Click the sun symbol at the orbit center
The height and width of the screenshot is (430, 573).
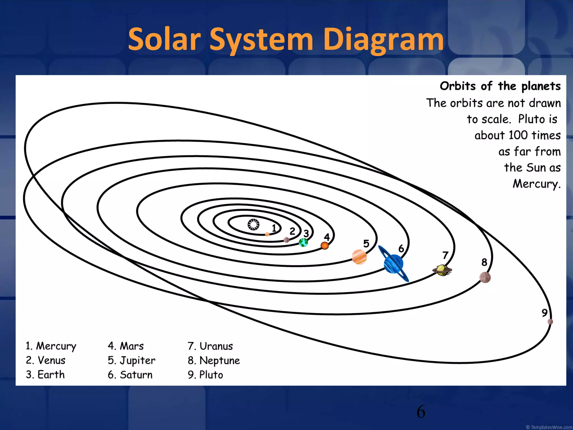pos(253,225)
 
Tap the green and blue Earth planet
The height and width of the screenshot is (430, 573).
pos(303,242)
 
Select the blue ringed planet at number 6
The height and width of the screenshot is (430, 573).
pos(393,264)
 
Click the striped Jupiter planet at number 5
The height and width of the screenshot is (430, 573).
pos(359,257)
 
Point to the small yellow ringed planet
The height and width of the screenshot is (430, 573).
pos(442,270)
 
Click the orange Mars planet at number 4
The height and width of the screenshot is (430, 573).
pos(325,246)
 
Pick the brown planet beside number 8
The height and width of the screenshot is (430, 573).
pos(485,277)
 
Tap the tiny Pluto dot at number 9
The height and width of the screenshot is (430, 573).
pos(550,321)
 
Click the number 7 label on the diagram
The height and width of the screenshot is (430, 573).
pos(445,255)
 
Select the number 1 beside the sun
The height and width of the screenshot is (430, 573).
pos(274,228)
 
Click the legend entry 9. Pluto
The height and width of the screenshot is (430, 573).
pos(205,375)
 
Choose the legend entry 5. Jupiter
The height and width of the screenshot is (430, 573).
pos(131,361)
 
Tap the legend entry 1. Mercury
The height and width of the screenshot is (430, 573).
pos(51,346)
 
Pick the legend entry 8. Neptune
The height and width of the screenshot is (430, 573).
pos(214,361)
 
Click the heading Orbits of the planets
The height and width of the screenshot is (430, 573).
pos(500,86)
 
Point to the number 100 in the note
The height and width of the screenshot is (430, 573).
pos(518,135)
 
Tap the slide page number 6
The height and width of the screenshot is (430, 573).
pos(421,412)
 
